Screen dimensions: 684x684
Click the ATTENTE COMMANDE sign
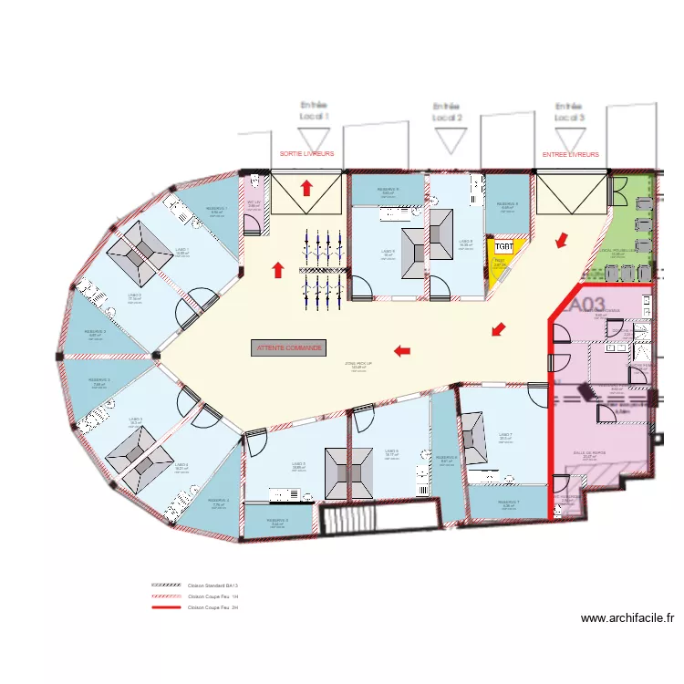point(290,347)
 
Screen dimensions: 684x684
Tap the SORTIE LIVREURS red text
point(306,155)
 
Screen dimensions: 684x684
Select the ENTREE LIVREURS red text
point(571,155)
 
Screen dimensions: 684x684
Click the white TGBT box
point(503,246)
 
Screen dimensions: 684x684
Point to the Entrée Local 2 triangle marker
point(447,140)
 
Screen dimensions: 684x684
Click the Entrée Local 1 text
point(314,111)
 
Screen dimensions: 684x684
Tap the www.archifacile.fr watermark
point(627,618)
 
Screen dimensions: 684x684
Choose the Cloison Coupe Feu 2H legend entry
point(212,606)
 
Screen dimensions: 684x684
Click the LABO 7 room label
point(505,435)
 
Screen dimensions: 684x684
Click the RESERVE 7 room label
point(508,502)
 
